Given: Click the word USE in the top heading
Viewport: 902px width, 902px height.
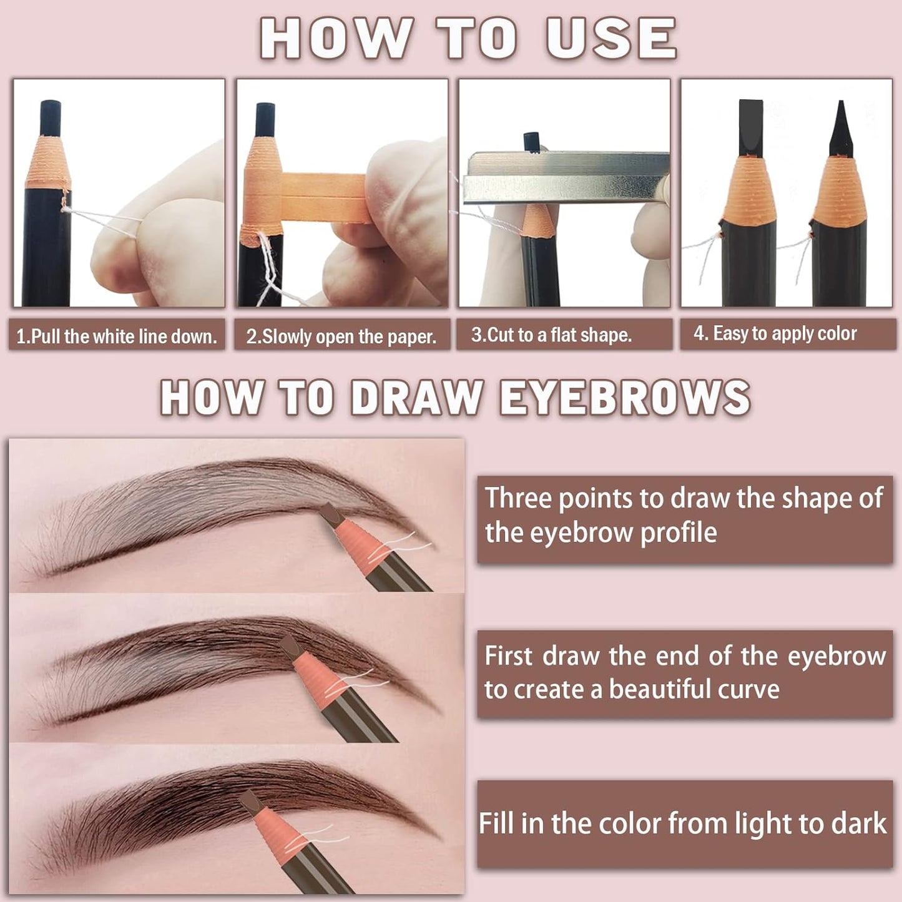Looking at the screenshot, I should pos(611,39).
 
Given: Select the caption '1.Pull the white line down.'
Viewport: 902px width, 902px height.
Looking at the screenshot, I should pos(117,336).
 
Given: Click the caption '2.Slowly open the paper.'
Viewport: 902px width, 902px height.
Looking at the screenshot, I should pos(341,336).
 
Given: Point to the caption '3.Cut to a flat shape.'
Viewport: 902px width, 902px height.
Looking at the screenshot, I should pos(552,335).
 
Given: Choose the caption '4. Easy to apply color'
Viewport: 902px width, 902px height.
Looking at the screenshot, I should pos(775,333).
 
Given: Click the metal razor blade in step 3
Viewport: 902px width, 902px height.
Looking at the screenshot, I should pos(565,178).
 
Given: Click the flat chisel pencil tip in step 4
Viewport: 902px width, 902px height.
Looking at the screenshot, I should pos(748,128).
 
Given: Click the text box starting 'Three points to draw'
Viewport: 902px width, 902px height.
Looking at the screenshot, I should pos(685,519).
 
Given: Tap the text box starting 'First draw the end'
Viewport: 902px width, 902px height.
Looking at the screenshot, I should pos(685,674).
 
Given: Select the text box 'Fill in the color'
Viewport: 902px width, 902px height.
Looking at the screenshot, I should pos(685,824).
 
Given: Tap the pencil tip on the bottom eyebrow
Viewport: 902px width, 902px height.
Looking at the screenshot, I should pos(249,800).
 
